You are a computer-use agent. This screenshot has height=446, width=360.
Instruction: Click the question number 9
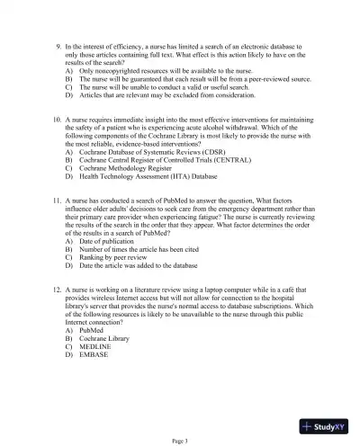point(57,43)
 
